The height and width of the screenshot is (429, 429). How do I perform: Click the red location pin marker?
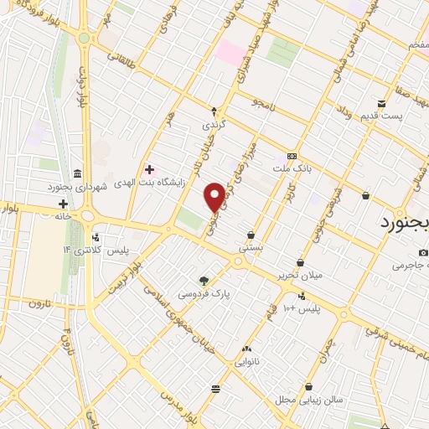click(214, 196)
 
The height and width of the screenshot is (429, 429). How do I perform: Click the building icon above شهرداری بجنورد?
click(77, 173)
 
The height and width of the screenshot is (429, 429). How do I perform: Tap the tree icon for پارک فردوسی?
click(203, 281)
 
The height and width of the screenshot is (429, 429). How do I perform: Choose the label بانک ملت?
click(292, 168)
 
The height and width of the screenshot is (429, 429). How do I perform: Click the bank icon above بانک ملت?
click(292, 156)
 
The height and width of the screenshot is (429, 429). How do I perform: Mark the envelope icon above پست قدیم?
click(382, 104)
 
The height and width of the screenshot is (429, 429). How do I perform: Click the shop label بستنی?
click(251, 248)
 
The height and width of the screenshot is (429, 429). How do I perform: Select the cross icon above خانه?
click(63, 204)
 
